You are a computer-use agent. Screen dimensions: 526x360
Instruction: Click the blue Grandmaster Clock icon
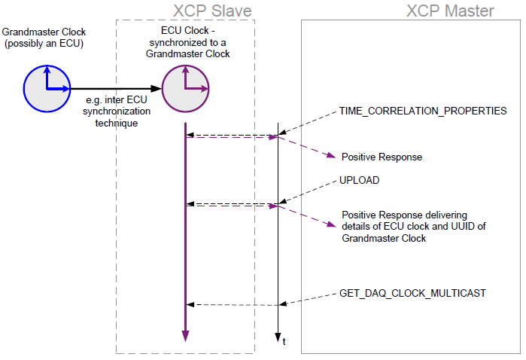[x=47, y=87]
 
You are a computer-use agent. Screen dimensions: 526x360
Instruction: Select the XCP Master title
[x=450, y=11]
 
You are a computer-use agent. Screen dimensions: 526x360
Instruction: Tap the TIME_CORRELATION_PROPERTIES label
[x=423, y=111]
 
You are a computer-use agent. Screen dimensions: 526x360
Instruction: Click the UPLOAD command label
[x=360, y=181]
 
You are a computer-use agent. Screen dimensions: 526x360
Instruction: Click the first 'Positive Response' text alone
[x=382, y=157]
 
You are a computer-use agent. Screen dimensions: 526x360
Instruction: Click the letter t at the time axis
[x=284, y=343]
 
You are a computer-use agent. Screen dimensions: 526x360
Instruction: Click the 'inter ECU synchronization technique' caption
[x=116, y=112]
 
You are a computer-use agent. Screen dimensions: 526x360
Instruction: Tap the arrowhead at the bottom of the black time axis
[x=278, y=337]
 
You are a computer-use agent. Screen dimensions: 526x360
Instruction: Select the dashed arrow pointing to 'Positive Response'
[x=305, y=147]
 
